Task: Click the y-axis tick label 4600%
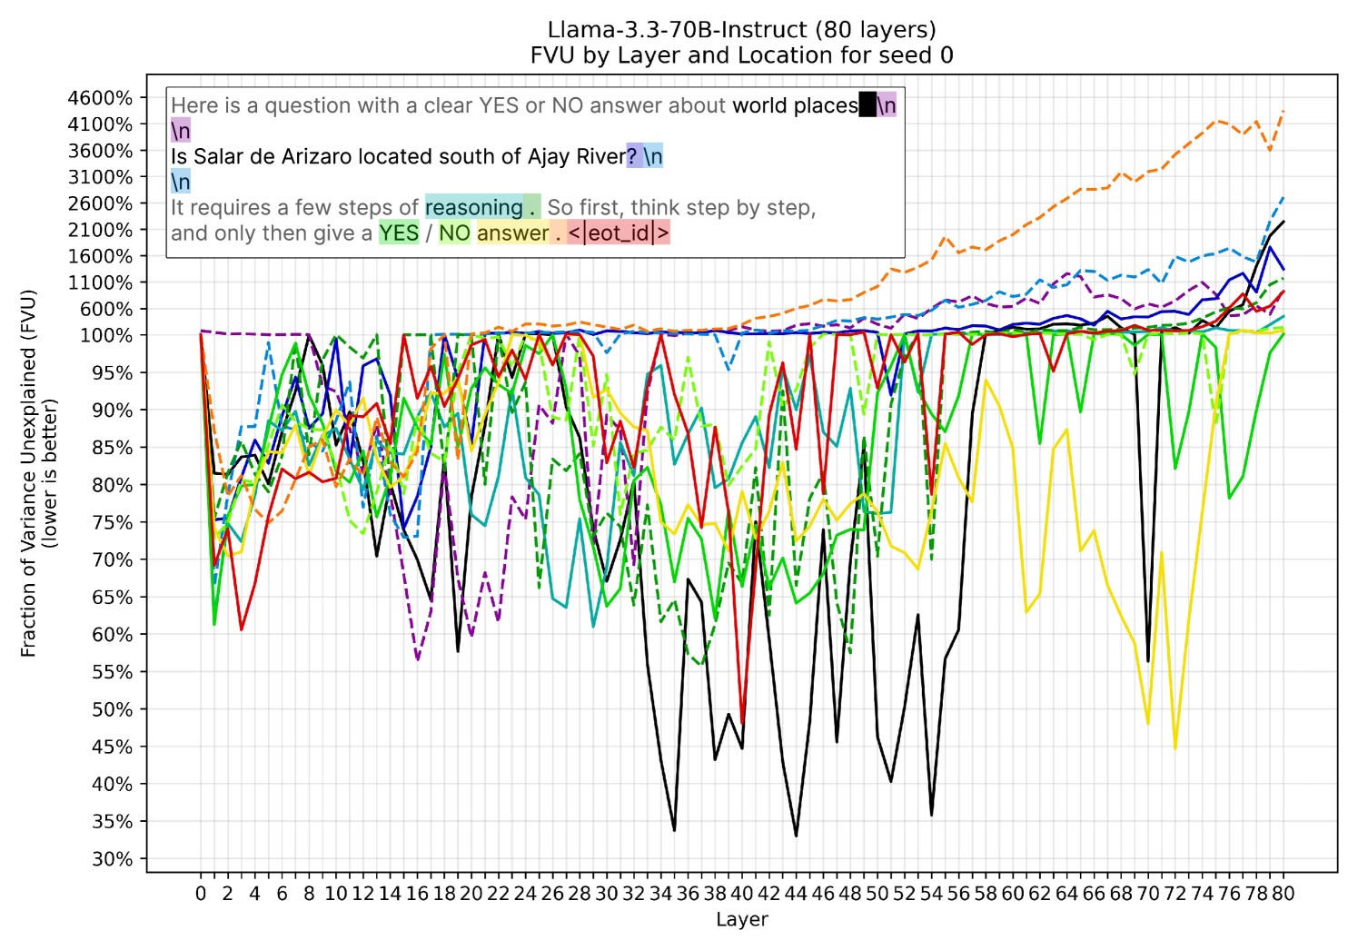(100, 98)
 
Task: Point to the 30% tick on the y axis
(112, 859)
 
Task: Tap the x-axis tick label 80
(1283, 894)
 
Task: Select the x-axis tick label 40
(742, 894)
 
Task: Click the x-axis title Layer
(742, 919)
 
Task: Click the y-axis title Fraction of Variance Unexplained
(29, 472)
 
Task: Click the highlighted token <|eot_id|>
(619, 233)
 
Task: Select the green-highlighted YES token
(399, 233)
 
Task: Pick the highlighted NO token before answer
(454, 233)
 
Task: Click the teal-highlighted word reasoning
(473, 208)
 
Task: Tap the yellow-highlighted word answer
(512, 233)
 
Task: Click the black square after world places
(867, 105)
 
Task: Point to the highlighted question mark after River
(632, 156)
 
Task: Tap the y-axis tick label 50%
(112, 709)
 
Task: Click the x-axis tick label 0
(201, 894)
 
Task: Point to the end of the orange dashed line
(1283, 112)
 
